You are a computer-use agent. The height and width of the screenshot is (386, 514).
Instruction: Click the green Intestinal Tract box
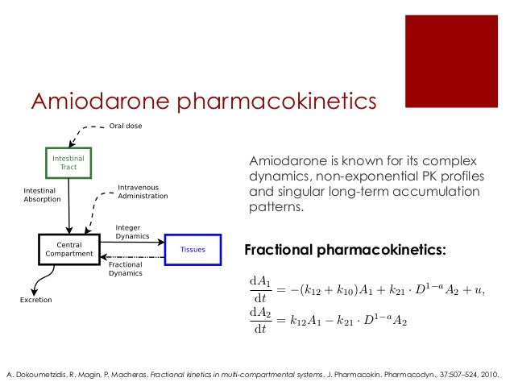68,163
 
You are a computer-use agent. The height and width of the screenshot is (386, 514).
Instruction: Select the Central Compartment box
68,249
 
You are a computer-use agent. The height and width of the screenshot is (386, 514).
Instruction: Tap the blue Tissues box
192,249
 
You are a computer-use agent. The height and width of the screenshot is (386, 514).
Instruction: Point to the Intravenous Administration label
143,191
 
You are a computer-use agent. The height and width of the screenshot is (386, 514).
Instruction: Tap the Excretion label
35,301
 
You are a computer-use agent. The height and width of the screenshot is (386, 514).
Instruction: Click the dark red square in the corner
457,60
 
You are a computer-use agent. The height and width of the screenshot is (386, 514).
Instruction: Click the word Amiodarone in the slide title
100,102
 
